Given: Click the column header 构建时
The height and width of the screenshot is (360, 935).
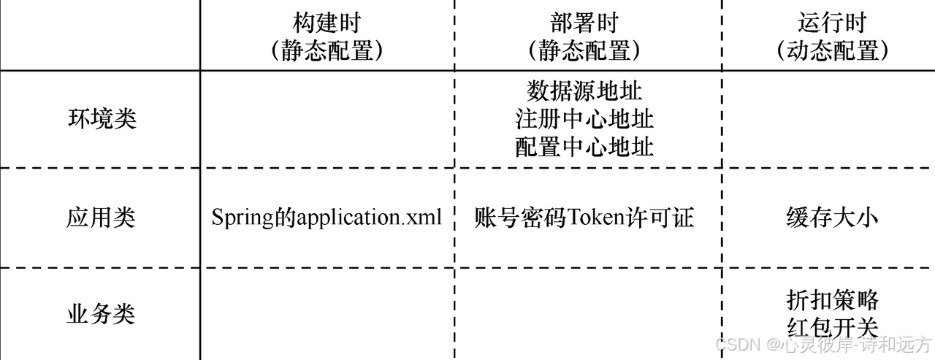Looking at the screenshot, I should (327, 23).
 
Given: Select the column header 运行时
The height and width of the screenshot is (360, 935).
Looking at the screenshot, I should (832, 23).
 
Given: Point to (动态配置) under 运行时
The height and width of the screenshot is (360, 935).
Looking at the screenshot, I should (832, 50).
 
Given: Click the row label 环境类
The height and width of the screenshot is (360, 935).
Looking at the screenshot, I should (102, 119).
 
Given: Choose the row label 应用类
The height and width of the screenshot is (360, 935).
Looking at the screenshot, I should (102, 218).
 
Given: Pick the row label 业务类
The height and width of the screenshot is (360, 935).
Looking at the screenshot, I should (102, 314).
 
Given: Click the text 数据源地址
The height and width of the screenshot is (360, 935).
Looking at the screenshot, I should (584, 91).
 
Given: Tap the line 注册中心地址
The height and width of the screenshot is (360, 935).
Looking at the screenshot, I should (584, 119).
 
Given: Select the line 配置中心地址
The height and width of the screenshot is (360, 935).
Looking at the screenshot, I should (584, 147).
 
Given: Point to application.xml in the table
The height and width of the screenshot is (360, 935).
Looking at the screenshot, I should (370, 218).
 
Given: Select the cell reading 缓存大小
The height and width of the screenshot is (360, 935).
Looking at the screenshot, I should (832, 218).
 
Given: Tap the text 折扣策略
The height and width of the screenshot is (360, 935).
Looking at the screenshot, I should (832, 299).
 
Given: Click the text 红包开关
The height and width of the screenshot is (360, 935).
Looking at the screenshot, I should (832, 327).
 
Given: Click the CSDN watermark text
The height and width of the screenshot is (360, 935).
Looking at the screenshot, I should (735, 344).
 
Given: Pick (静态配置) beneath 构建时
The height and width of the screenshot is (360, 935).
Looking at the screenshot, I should (327, 50).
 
